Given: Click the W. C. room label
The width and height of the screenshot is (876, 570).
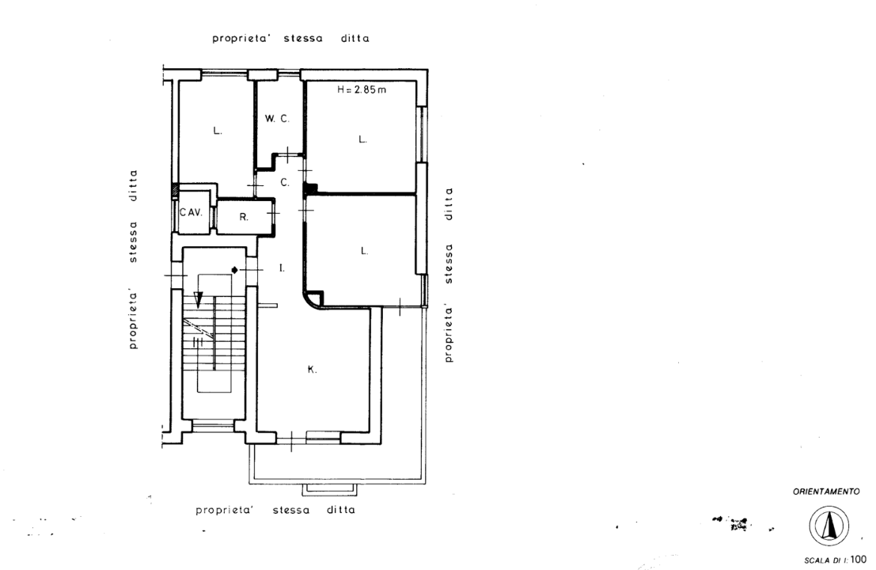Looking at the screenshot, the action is tap(277, 119).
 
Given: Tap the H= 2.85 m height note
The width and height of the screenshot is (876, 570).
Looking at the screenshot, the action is tap(362, 89).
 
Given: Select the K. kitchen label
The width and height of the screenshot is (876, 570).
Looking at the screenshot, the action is tap(313, 370).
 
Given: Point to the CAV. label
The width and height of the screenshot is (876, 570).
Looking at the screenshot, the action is tap(191, 212).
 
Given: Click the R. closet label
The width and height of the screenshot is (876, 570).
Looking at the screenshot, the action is tap(244, 217).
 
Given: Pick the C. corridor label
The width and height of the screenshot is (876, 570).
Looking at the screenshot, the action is tap(285, 183).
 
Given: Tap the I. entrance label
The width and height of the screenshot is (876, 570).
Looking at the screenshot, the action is tap(283, 268).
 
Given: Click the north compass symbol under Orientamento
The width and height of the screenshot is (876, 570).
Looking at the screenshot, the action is tap(829, 526).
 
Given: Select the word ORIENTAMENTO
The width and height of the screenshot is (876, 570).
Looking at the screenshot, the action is tap(826, 492).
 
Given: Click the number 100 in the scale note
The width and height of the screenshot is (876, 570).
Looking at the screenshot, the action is tap(859, 560).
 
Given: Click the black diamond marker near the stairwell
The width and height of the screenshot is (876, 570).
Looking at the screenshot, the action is tap(235, 271).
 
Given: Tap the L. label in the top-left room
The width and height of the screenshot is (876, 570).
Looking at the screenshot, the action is tap(218, 131).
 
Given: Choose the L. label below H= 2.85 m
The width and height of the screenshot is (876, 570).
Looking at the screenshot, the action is tap(362, 139).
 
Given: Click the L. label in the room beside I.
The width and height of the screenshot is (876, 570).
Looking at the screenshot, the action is tap(364, 251).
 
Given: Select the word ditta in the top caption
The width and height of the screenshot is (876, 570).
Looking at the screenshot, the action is tap(355, 39).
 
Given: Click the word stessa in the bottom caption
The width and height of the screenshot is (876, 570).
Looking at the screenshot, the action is tap(291, 510).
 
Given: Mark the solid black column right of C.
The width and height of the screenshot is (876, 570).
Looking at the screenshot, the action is tap(309, 189).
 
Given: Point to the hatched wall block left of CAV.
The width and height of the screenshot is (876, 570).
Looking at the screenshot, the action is tap(175, 191).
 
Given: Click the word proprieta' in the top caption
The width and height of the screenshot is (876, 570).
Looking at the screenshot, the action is tap(241, 39).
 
